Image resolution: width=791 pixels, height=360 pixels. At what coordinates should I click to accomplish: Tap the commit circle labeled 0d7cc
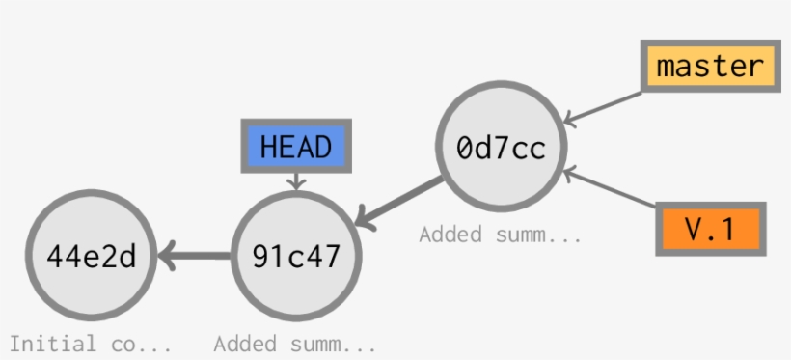coord(501,148)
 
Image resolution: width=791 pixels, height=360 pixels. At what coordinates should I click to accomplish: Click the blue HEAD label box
coord(296,148)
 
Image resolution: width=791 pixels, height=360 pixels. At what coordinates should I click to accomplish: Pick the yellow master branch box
coord(710,67)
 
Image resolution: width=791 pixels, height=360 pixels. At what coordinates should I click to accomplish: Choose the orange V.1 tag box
coord(710,229)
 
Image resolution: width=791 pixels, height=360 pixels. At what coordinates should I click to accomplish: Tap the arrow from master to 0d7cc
coord(603,107)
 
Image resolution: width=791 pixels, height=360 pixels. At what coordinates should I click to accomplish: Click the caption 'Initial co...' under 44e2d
coord(91,343)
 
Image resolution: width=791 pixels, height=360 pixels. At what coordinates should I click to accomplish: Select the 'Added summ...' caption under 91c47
coord(294,343)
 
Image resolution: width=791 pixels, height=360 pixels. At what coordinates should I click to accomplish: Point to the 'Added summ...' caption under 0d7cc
coord(500,234)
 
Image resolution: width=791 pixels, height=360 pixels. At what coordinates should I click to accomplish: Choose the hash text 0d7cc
coord(501,148)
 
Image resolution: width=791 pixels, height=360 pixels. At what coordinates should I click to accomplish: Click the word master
coord(710,67)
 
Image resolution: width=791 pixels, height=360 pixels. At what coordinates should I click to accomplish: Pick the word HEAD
coord(296,148)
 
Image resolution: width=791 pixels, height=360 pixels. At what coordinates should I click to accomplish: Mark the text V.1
coord(710,229)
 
